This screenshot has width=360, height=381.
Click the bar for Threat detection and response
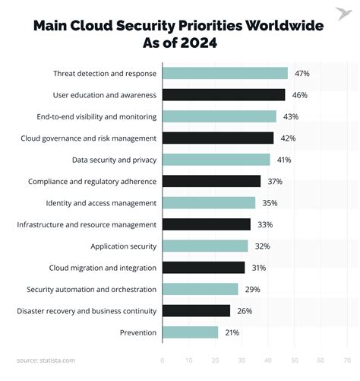pos(225,73)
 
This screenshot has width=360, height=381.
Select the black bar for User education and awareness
pos(223,95)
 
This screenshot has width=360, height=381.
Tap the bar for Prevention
pos(190,332)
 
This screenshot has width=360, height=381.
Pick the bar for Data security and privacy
pos(216,160)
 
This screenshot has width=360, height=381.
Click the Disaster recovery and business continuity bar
pos(196,310)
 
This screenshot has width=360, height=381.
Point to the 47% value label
pos(302,73)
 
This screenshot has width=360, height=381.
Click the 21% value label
pos(232,332)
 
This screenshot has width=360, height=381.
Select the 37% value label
pos(275,181)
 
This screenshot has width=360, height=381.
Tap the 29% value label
pos(252,289)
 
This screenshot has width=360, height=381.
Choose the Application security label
pos(123,246)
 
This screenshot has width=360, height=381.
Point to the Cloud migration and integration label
pos(103,268)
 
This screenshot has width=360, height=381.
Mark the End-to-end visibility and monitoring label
pos(96,116)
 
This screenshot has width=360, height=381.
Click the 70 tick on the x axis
pos(347,360)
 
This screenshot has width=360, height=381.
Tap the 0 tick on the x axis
pos(163,360)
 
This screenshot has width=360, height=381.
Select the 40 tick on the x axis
pos(268,360)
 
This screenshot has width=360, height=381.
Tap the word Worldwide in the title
pos(281,25)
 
